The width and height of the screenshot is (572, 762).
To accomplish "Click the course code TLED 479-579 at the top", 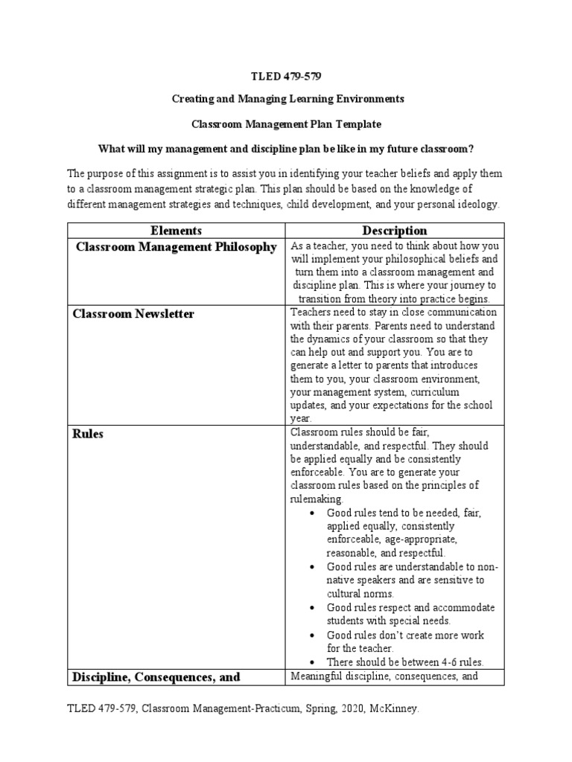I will click(x=286, y=77).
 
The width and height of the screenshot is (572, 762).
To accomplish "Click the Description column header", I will click(x=395, y=231).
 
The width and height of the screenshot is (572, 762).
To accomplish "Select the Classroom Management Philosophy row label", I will click(x=176, y=247).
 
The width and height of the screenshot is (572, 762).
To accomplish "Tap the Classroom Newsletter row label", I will click(x=133, y=314).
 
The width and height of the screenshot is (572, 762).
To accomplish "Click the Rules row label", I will click(x=88, y=435).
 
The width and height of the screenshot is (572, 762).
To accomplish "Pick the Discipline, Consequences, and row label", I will click(x=156, y=676).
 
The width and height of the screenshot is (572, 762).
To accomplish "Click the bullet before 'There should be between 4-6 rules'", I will click(x=310, y=662).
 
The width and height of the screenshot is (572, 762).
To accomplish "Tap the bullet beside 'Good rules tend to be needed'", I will click(x=310, y=513).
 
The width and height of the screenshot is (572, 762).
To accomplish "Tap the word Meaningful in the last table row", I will click(x=317, y=676).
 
